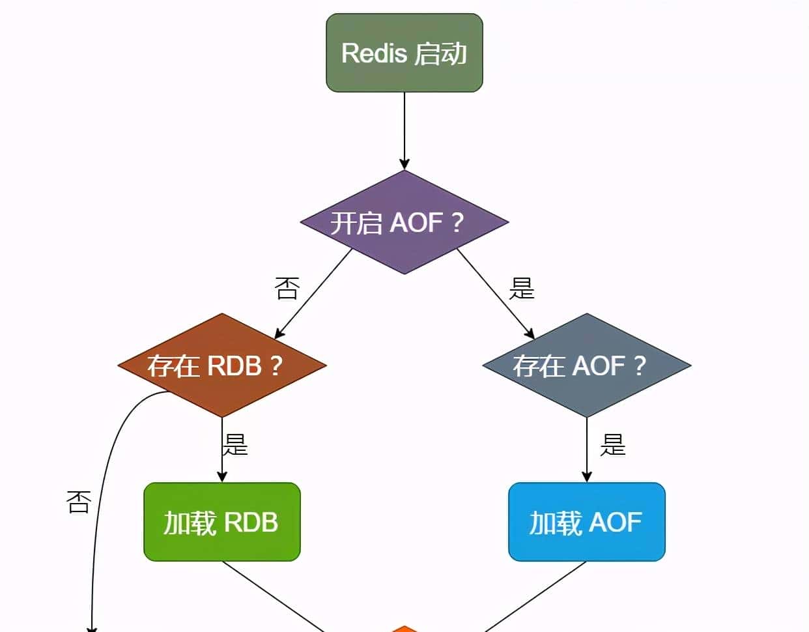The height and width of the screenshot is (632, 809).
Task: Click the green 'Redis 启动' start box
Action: pos(404,53)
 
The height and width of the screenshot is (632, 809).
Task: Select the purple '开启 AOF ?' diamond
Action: pos(404,222)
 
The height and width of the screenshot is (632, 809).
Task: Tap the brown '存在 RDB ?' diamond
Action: pos(221,366)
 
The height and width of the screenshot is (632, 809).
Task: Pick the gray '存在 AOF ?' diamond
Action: pos(586,366)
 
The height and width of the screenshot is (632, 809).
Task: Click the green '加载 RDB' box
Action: pos(221,522)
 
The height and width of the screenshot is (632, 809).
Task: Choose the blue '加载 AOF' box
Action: pos(586,522)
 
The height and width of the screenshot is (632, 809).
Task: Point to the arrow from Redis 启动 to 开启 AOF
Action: pos(404,130)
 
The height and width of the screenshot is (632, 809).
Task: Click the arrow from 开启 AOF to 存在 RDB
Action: pos(313,294)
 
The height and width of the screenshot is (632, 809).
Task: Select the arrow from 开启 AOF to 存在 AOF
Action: pos(495,294)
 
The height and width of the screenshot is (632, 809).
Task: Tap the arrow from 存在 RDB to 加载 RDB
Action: pos(222,450)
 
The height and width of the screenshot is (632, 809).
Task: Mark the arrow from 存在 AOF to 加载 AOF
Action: pos(586,450)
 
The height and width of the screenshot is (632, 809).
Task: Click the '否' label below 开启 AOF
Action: pos(287,288)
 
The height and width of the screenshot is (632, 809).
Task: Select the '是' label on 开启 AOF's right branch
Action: pos(522,288)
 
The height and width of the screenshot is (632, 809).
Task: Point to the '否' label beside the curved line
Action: pos(78,502)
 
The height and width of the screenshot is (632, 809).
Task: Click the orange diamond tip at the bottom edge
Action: pos(404,629)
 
